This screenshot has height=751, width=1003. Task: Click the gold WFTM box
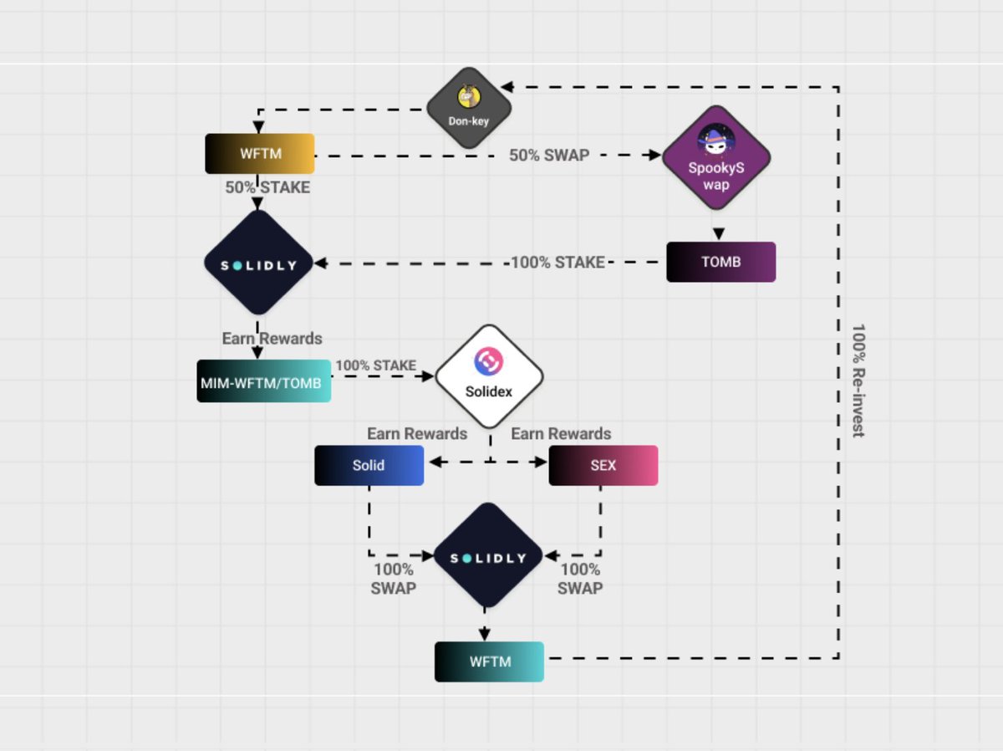260,154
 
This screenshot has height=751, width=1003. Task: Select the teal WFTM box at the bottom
489,662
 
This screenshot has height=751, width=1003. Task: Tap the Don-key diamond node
469,108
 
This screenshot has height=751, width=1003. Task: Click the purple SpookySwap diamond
715,156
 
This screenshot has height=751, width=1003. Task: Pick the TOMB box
720,262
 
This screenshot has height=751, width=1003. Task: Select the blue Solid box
369,465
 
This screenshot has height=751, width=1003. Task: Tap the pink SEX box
603,465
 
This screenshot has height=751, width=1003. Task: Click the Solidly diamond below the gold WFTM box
258,263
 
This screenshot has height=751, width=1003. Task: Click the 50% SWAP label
549,155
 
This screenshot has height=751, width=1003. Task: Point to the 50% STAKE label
267,187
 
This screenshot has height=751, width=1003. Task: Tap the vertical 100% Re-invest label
858,381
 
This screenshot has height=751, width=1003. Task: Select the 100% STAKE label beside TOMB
558,263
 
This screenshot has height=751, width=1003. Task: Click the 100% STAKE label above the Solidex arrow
375,365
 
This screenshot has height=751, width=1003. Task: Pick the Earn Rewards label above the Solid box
417,433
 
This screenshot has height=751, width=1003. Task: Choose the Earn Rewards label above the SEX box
561,433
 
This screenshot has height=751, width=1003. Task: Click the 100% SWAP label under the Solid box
394,579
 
